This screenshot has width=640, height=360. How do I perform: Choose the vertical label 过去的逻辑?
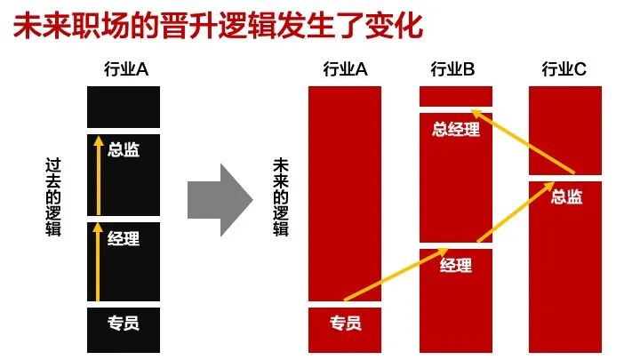coord(54,196)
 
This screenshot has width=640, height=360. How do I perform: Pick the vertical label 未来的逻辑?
coord(281,196)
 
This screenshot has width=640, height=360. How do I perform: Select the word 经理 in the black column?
coord(124,238)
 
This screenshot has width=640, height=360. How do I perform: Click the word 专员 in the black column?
coord(124,323)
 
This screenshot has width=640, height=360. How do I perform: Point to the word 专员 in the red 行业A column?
coord(345,323)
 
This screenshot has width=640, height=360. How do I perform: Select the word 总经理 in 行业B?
coord(455,130)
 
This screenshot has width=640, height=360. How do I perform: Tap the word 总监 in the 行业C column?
coord(566,196)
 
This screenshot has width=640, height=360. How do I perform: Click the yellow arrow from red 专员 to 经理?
coord(391,276)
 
